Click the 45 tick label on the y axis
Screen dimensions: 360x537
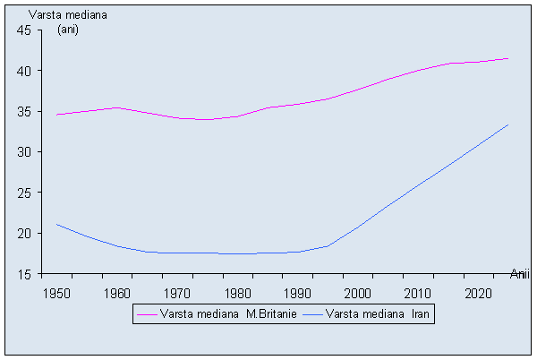(24, 30)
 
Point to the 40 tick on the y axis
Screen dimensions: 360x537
(24, 71)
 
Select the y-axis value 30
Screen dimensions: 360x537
(24, 152)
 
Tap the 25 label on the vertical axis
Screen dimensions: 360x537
(24, 193)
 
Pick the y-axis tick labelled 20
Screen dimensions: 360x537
(24, 234)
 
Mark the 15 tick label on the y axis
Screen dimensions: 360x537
(24, 274)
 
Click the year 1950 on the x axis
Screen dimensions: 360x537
(55, 293)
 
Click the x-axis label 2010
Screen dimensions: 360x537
(417, 293)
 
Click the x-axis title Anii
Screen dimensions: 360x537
(520, 273)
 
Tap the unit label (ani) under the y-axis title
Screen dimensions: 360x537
(69, 30)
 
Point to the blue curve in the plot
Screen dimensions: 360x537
(268, 253)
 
